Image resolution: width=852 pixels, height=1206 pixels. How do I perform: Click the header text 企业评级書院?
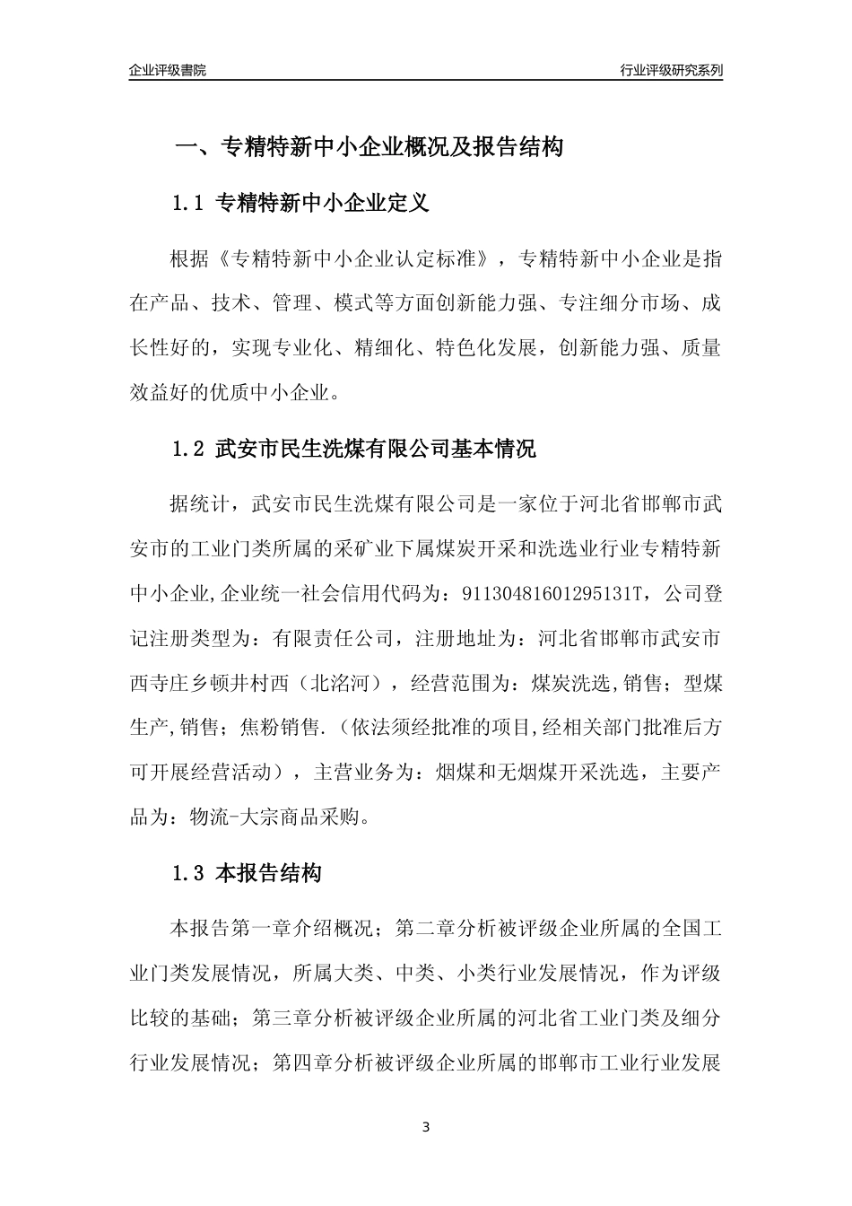[168, 70]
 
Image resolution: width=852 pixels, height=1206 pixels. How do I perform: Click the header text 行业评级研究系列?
[671, 70]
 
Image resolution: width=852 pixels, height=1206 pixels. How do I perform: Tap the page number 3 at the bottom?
[426, 1127]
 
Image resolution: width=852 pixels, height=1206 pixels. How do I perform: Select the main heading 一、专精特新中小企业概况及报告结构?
[368, 147]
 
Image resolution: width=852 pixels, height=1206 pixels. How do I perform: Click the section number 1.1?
[188, 204]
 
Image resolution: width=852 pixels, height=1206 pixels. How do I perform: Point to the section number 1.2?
[188, 449]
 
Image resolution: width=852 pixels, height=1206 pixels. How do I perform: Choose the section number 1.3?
[188, 873]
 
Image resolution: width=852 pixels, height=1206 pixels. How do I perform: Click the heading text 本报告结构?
[269, 873]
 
